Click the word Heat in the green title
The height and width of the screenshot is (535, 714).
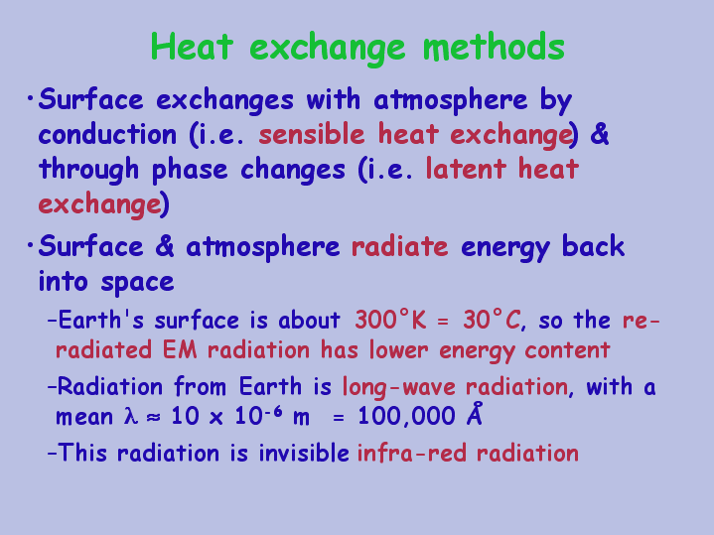pos(192,47)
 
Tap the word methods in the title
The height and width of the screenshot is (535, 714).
pos(494,47)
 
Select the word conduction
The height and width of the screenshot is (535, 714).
pos(107,135)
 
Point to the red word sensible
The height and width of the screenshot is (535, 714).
pos(312,135)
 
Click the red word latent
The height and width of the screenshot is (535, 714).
pos(466,169)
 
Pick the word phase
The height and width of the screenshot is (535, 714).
pos(190,170)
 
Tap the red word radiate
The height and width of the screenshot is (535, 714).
pos(400,247)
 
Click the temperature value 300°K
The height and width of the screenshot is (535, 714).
pos(390,320)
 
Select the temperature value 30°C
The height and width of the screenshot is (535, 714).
pos(492,320)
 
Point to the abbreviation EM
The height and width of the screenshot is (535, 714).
pos(180,350)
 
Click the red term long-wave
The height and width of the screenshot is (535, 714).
pos(399,387)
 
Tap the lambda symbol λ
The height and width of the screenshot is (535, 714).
pos(131,416)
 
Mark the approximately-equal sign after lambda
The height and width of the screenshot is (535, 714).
pos(154,418)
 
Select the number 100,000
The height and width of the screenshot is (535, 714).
pos(406,417)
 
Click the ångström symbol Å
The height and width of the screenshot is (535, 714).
pos(475,414)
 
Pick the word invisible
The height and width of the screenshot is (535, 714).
pos(304,453)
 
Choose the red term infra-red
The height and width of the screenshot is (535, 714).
pos(412,453)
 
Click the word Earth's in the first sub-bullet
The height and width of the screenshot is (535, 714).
pos(100,320)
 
